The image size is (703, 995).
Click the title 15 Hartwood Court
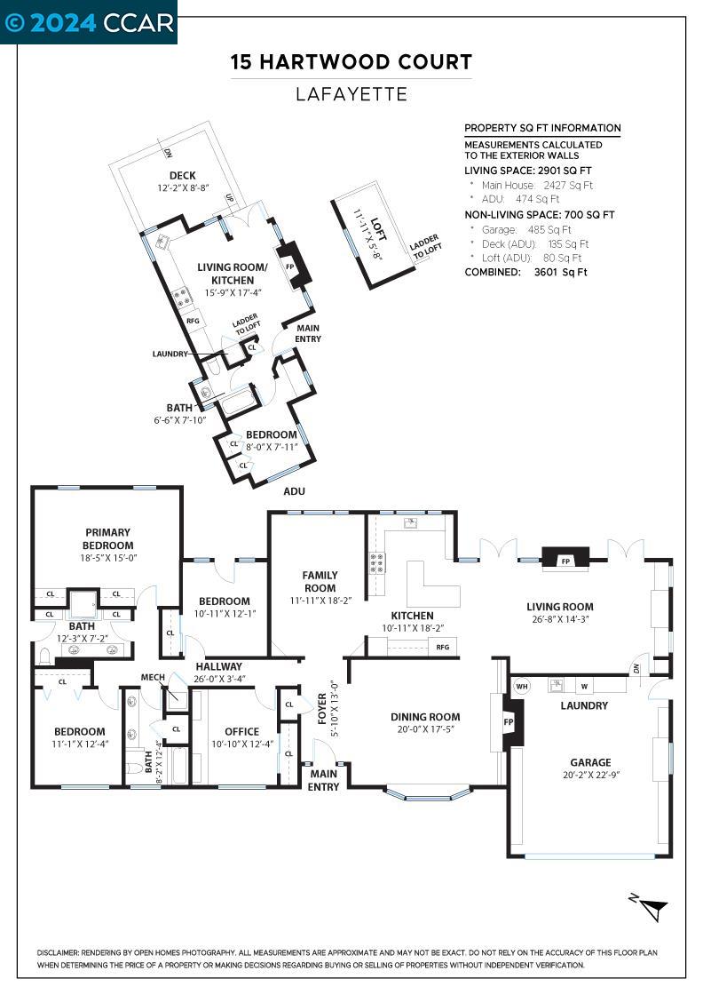[351, 62]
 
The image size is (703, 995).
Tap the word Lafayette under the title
[351, 93]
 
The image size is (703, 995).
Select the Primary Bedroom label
[107, 539]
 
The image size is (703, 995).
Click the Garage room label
[590, 762]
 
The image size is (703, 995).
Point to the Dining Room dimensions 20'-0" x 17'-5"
[425, 729]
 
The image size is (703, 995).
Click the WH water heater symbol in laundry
[522, 685]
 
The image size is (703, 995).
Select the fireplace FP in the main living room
[565, 561]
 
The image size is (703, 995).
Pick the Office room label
[241, 732]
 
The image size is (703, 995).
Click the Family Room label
[320, 582]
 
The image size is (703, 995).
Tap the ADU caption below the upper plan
[294, 491]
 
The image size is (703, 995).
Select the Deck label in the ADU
[182, 176]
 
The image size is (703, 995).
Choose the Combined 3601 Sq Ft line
[525, 273]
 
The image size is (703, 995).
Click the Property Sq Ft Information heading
[542, 128]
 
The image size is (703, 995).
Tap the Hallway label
[219, 666]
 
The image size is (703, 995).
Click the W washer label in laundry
[584, 686]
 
